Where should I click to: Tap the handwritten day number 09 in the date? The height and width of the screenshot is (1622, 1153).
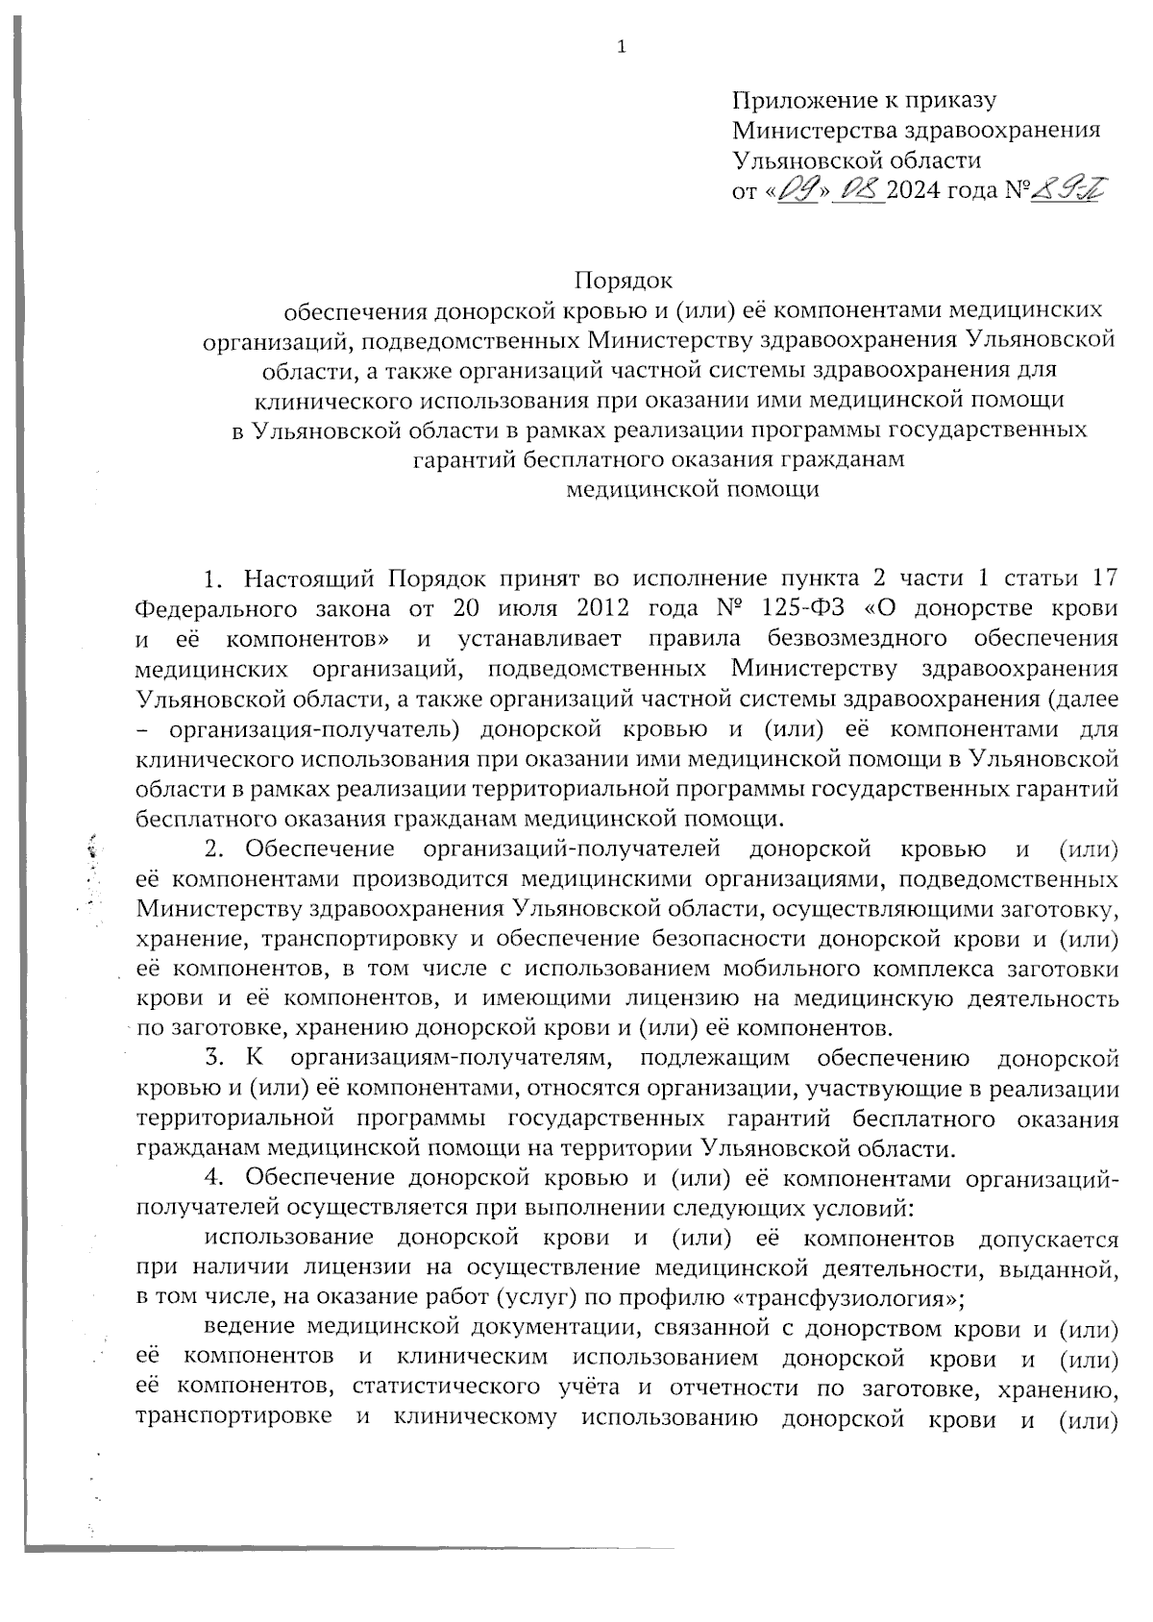pyautogui.click(x=797, y=190)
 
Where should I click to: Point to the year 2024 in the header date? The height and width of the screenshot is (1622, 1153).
pyautogui.click(x=913, y=190)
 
